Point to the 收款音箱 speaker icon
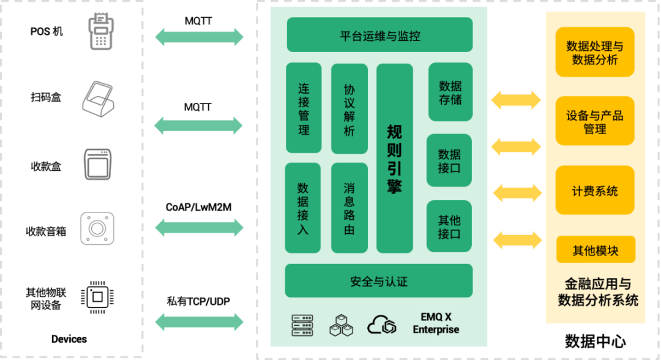pyautogui.click(x=98, y=229)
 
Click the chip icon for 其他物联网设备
pyautogui.click(x=97, y=298)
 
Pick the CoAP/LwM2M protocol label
pyautogui.click(x=198, y=208)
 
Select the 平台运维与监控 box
pyautogui.click(x=379, y=35)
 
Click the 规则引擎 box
pyautogui.click(x=394, y=158)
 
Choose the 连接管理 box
pyautogui.click(x=304, y=108)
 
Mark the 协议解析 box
pyautogui.click(x=349, y=108)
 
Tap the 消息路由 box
pyautogui.click(x=349, y=208)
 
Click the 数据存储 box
pyautogui.click(x=450, y=92)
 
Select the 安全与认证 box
pyautogui.click(x=379, y=281)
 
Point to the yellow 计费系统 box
pyautogui.click(x=595, y=190)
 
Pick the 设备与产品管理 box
pyautogui.click(x=595, y=122)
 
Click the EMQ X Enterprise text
pyautogui.click(x=436, y=323)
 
